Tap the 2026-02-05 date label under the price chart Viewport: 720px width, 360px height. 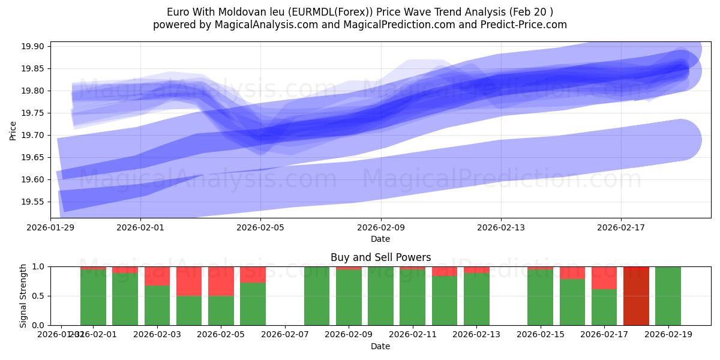point(260,228)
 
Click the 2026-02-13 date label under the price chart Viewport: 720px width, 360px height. point(501,228)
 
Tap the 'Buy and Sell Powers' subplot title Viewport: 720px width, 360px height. point(380,257)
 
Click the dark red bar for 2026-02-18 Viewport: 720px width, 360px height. point(636,295)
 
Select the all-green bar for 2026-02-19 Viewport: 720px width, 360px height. point(668,295)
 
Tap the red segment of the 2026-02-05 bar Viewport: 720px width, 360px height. point(221,281)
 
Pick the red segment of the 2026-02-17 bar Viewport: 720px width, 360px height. point(604,278)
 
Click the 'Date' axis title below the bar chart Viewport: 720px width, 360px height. point(380,347)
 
